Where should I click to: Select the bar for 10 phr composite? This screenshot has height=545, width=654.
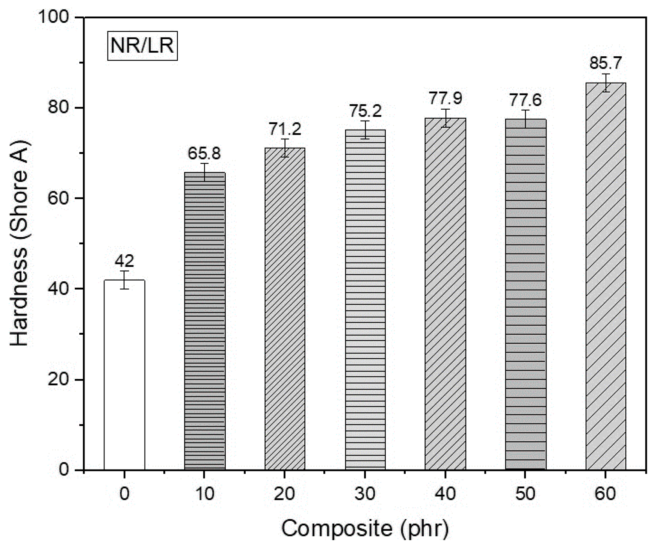coord(205,321)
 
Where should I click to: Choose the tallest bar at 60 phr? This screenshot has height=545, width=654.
coord(606,276)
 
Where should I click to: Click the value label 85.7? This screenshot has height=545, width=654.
coord(606,63)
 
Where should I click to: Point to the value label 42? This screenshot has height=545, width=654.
coord(124,261)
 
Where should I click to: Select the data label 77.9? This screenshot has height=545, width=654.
coord(446,98)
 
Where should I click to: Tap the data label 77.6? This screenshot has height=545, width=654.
coord(525,100)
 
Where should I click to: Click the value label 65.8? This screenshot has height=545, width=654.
coord(205,153)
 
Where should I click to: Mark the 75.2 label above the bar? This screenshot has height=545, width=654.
coord(365,111)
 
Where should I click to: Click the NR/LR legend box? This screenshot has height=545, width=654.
coord(142,46)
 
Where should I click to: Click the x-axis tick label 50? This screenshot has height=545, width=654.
coord(525,493)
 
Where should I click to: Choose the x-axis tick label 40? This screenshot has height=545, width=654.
coord(446,493)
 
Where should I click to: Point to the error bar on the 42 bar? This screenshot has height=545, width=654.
coord(124,280)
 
